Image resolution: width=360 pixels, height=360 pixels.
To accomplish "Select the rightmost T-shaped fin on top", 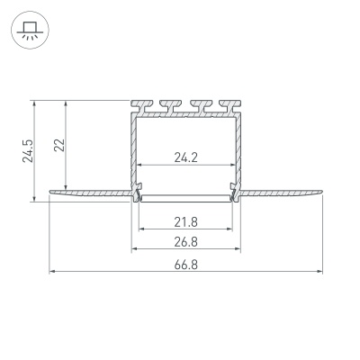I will [x=231, y=105].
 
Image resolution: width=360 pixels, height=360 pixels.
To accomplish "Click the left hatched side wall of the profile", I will [x=133, y=148].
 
